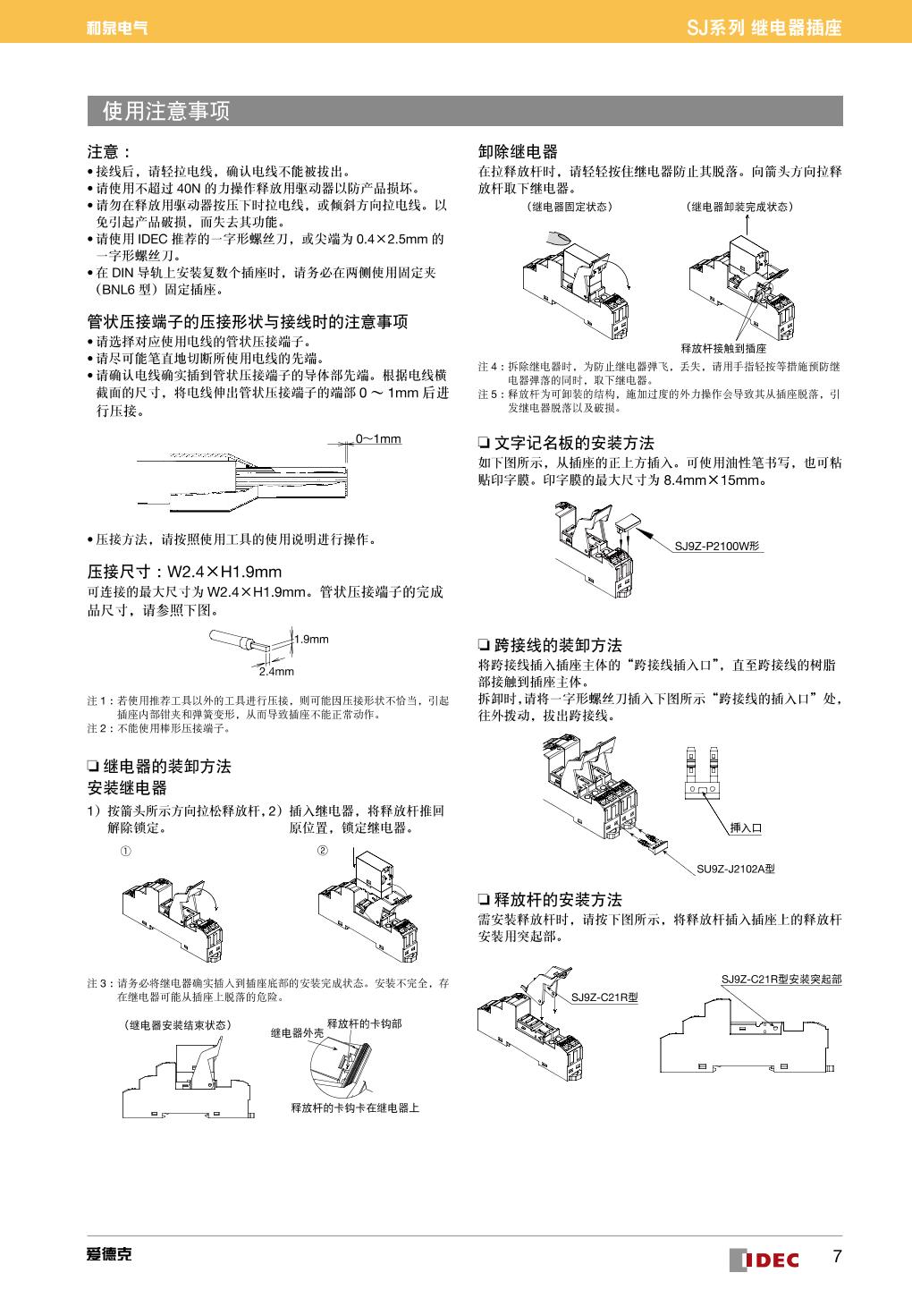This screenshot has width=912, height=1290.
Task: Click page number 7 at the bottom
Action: [837, 1256]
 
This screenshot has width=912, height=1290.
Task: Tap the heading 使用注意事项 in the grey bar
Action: [166, 111]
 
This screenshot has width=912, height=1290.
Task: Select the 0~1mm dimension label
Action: [378, 439]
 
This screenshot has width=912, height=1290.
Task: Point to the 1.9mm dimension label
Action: [312, 639]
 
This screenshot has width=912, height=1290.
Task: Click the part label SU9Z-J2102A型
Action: [735, 867]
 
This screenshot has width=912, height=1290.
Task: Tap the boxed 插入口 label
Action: [746, 827]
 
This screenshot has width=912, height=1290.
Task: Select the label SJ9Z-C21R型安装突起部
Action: [781, 980]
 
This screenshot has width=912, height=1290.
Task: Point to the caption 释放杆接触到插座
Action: [723, 348]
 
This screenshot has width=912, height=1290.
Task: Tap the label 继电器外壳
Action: [297, 1032]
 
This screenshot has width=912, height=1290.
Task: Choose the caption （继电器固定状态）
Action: [570, 207]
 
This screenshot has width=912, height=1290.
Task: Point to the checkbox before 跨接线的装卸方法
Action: [484, 645]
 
